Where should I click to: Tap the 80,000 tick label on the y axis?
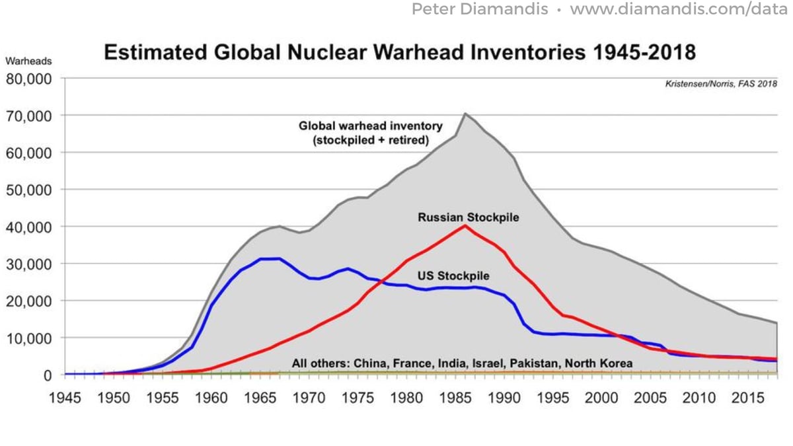pyautogui.click(x=34, y=79)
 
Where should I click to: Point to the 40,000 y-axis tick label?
pyautogui.click(x=34, y=227)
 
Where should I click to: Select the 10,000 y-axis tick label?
pyautogui.click(x=34, y=338)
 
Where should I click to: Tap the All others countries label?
pyautogui.click(x=462, y=363)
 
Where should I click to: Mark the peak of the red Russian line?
pyautogui.click(x=465, y=226)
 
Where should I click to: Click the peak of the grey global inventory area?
pyautogui.click(x=465, y=114)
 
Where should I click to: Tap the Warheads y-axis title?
pyautogui.click(x=28, y=61)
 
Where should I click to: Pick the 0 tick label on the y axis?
pyautogui.click(x=50, y=375)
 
